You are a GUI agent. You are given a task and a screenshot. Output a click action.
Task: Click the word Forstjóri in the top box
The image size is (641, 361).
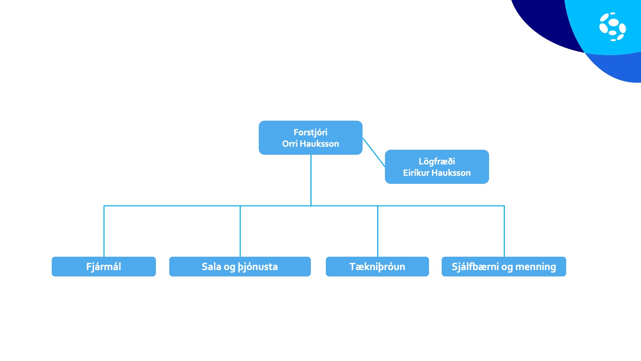pos(310,133)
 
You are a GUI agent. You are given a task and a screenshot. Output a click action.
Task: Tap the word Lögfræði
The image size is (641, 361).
pos(437,162)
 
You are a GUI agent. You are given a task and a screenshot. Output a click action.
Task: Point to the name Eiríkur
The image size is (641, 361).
pos(416,173)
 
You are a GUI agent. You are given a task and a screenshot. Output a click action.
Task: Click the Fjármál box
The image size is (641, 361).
pos(104,266)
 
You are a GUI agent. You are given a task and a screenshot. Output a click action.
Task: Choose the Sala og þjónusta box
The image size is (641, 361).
pos(240,266)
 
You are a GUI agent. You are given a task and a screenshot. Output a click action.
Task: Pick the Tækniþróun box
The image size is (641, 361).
pos(377,266)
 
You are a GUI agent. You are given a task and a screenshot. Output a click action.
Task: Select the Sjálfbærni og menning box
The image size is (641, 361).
pos(504,266)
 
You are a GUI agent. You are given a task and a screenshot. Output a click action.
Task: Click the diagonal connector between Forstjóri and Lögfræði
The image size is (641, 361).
pos(374,152)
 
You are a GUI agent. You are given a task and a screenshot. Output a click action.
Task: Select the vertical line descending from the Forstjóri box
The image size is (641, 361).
pos(311,180)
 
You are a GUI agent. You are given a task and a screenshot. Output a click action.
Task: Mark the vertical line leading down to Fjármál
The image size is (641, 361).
pos(104,231)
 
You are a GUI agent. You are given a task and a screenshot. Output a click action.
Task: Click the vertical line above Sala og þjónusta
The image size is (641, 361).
pos(240,231)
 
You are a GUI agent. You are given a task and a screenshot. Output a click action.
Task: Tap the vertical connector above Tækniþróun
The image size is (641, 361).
pos(378,231)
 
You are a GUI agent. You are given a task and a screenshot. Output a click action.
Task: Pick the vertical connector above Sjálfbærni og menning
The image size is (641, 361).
pos(504,231)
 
